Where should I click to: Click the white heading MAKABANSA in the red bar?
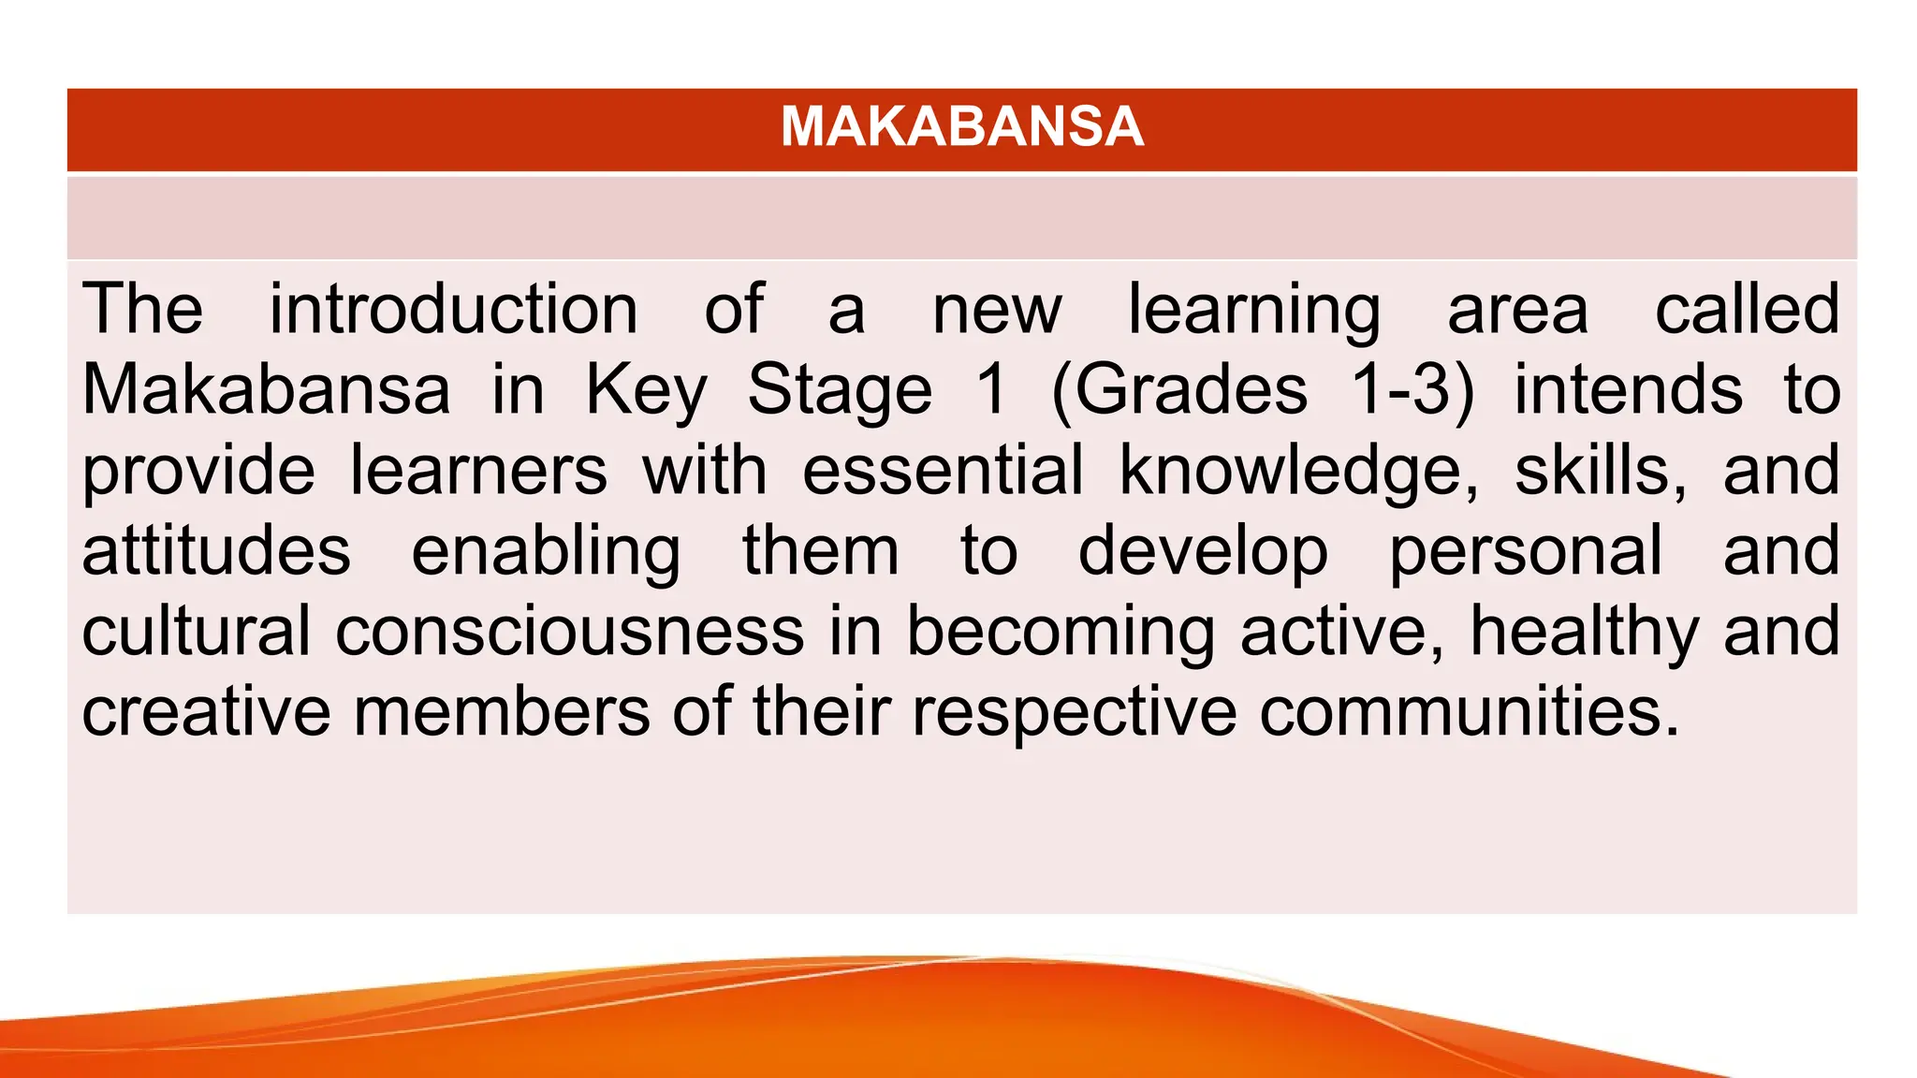click(x=962, y=126)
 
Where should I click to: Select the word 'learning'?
click(x=1253, y=311)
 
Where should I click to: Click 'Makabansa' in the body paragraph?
click(x=266, y=389)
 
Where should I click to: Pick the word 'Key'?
click(x=646, y=391)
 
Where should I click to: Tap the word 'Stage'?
click(x=840, y=391)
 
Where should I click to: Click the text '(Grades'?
click(x=1179, y=391)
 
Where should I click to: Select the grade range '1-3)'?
click(x=1412, y=391)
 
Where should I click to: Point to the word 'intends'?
click(x=1629, y=389)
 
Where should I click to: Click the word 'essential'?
click(x=943, y=470)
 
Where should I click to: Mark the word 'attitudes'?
click(x=216, y=550)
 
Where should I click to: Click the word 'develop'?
click(x=1203, y=552)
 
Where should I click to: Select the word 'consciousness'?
click(x=569, y=631)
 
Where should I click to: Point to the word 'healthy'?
click(x=1585, y=633)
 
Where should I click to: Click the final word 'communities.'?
click(x=1470, y=711)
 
